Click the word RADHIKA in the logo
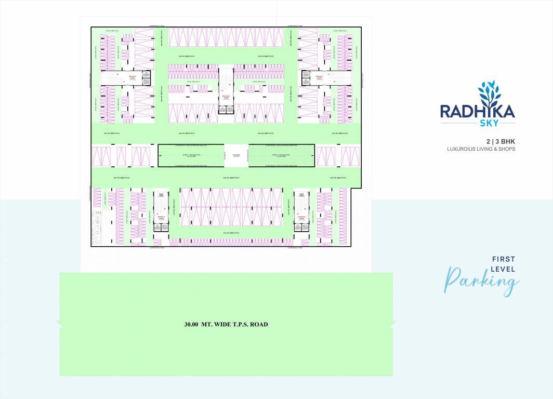click(x=478, y=111)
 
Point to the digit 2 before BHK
click(x=488, y=141)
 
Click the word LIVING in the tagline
click(x=485, y=149)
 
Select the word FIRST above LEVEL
click(x=503, y=259)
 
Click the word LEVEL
click(x=503, y=269)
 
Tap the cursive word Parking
click(x=481, y=281)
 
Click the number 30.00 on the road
click(x=192, y=325)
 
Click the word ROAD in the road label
click(x=259, y=325)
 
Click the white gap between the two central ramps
click(x=236, y=155)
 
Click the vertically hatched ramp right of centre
click(x=281, y=155)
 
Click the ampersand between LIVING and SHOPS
click(x=496, y=149)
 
